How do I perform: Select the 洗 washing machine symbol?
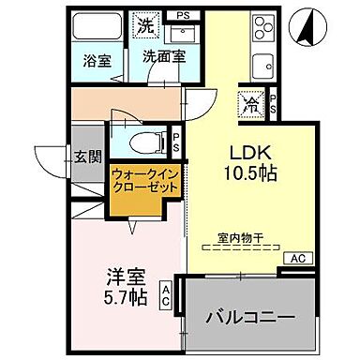(146, 24)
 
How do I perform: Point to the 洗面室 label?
(162, 55)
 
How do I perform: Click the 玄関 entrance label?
(87, 157)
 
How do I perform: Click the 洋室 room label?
(123, 277)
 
